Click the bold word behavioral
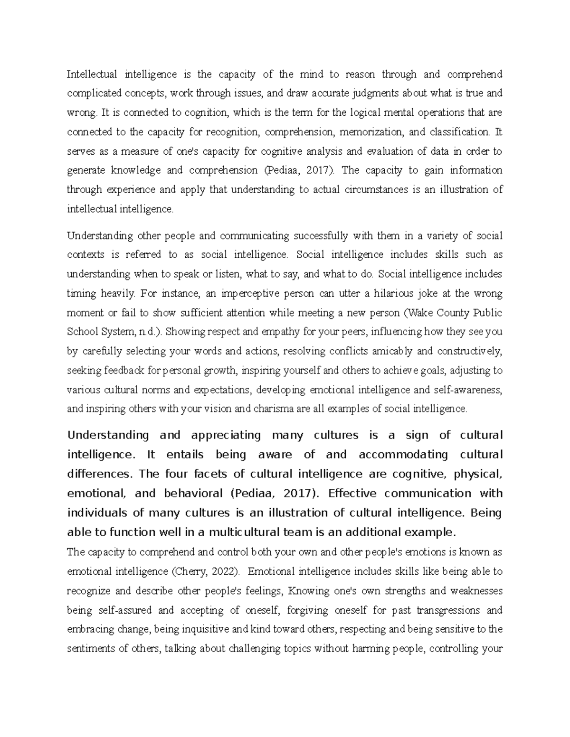(193, 493)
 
